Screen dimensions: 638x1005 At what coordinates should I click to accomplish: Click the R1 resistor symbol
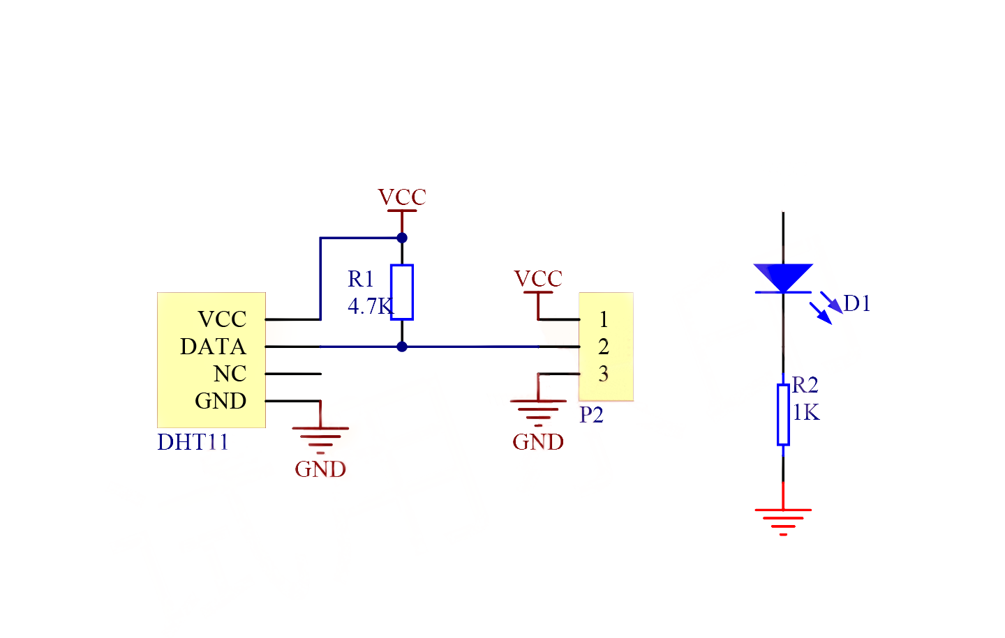(402, 292)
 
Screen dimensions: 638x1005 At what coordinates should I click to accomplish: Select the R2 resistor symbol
(783, 414)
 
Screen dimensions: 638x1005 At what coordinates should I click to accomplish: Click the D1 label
(857, 303)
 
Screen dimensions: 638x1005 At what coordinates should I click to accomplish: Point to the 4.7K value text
(370, 306)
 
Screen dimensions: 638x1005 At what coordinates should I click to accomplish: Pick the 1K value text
(806, 413)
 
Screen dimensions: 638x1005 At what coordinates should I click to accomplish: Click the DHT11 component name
(193, 442)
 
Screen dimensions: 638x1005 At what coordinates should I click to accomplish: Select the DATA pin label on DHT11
(213, 347)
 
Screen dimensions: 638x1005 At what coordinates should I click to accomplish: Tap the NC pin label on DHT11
(230, 374)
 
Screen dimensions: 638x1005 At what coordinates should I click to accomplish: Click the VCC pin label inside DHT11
(222, 319)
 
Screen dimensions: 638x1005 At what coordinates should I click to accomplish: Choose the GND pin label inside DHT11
(221, 401)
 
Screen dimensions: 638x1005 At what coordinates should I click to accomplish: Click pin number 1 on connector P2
(604, 319)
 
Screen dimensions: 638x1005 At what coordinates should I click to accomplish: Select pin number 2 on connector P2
(604, 347)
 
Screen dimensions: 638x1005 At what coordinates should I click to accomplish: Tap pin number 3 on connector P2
(604, 374)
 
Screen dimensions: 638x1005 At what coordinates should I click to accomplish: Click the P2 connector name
(591, 415)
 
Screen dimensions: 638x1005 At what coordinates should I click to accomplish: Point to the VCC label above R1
(402, 197)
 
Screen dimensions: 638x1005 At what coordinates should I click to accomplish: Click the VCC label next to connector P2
(538, 279)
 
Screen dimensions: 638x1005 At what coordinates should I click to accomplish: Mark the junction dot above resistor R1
(402, 238)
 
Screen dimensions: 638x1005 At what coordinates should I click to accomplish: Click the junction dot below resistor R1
(402, 347)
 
